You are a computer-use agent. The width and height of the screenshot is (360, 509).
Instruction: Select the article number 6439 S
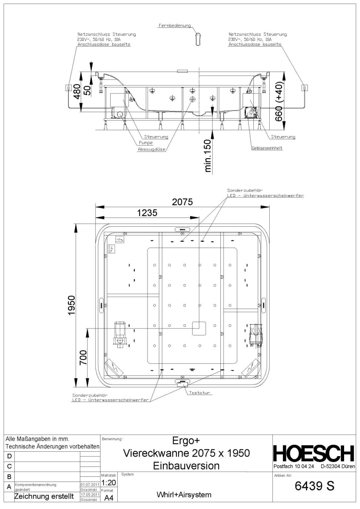(x=314, y=486)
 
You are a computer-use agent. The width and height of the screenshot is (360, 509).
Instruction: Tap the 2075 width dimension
(x=182, y=202)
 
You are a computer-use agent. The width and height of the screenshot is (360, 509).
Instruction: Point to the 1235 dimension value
(x=147, y=213)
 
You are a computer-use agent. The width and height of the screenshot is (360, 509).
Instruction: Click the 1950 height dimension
(x=72, y=305)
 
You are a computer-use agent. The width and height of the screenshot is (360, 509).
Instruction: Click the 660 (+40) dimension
(x=278, y=101)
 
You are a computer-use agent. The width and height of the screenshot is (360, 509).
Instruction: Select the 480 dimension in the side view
(x=77, y=91)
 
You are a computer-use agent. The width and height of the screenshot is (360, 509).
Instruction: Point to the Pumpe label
(x=146, y=143)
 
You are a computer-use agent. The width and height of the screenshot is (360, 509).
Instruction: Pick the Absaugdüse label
(x=151, y=150)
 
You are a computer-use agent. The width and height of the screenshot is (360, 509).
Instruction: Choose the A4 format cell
(x=109, y=498)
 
